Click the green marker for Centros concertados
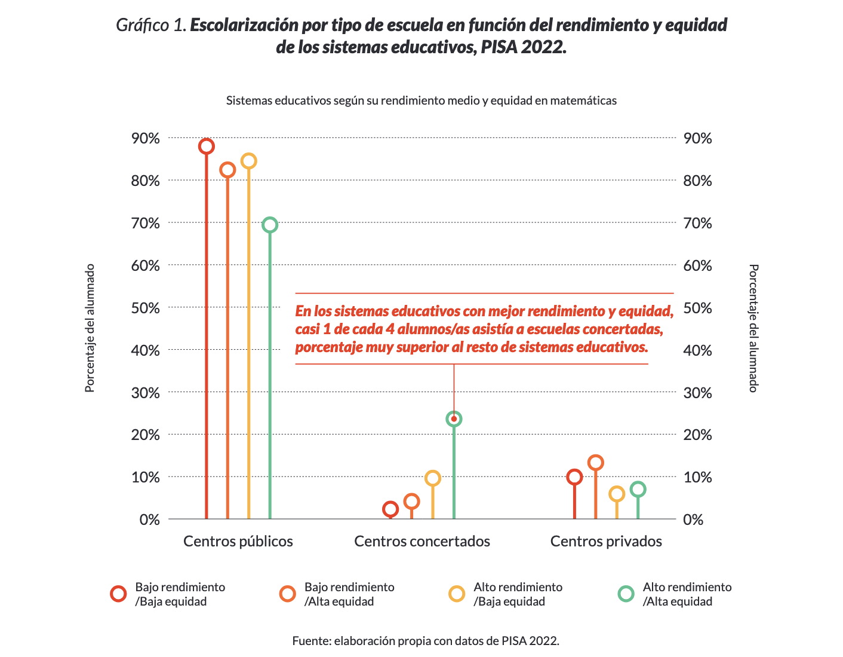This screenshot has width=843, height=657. click(x=454, y=419)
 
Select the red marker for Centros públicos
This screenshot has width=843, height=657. click(x=207, y=146)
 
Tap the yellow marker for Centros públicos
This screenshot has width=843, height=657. click(x=248, y=161)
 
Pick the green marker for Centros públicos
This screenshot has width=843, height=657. click(x=270, y=225)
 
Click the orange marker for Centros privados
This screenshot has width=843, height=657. click(x=595, y=462)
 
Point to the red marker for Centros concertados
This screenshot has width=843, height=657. click(x=390, y=509)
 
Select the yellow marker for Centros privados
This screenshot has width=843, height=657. click(x=617, y=494)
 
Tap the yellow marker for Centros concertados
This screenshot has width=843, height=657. click(x=433, y=478)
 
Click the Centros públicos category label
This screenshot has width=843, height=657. click(x=238, y=542)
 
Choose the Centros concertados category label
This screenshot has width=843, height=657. click(x=422, y=542)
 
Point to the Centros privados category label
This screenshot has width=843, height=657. click(x=606, y=542)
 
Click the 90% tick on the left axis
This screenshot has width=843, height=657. click(x=146, y=139)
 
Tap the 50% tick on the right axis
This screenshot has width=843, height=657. click(x=697, y=308)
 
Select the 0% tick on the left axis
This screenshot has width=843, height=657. click(x=150, y=520)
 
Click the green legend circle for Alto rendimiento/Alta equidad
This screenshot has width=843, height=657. click(x=626, y=594)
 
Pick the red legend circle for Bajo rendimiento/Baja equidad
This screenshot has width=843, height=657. click(x=118, y=594)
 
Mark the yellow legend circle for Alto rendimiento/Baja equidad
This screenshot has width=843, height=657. click(x=457, y=594)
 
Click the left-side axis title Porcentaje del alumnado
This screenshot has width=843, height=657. click(x=90, y=328)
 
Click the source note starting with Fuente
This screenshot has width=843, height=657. click(x=426, y=641)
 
